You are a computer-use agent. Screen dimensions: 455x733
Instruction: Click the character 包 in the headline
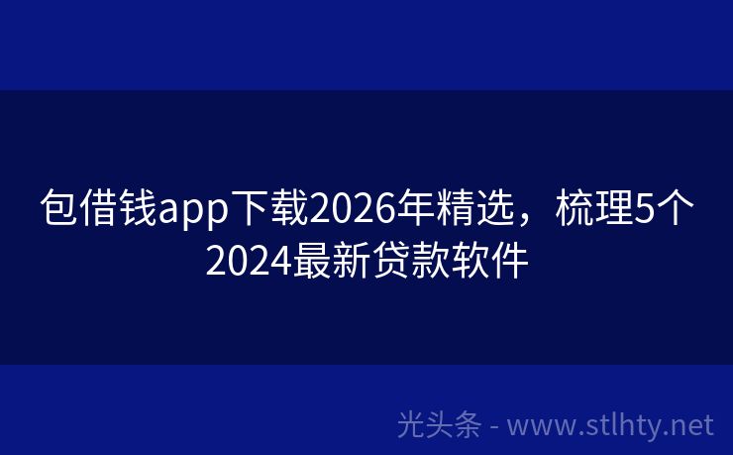[57, 211]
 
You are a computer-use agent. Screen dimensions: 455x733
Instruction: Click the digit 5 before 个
[644, 211]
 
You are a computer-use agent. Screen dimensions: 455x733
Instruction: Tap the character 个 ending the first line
[676, 211]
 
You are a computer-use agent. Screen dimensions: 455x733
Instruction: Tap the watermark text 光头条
[439, 425]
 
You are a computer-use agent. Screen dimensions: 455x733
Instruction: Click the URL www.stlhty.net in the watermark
[610, 425]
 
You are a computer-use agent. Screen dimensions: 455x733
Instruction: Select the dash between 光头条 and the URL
[494, 427]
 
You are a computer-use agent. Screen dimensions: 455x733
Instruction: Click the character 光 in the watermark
[411, 425]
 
